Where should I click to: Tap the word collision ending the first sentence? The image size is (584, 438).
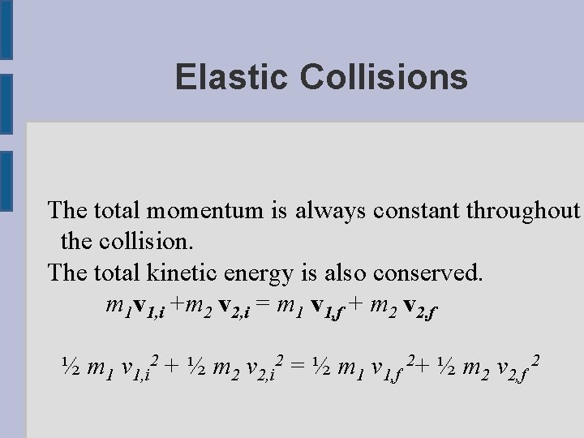pyautogui.click(x=153, y=241)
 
